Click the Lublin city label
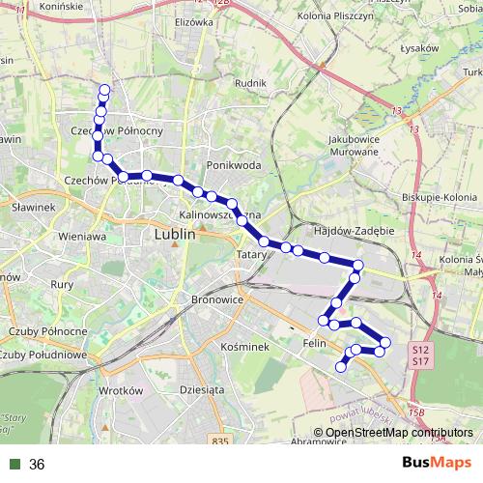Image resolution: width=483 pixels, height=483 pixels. tap(175, 234)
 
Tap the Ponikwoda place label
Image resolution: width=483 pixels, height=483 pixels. tap(234, 165)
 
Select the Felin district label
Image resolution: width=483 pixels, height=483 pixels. tap(313, 342)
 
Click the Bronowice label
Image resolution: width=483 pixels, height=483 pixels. tap(214, 300)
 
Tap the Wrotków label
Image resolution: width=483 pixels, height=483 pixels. tap(120, 391)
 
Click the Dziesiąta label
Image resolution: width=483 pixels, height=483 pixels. tap(201, 390)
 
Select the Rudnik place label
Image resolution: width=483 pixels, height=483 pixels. tap(249, 83)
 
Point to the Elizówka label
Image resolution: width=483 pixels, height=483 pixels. tap(193, 20)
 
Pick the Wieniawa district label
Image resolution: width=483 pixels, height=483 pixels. tap(81, 236)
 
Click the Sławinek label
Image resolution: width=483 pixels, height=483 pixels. tap(31, 207)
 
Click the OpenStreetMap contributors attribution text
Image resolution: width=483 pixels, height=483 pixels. tap(398, 433)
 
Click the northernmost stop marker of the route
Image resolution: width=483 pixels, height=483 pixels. tap(104, 91)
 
